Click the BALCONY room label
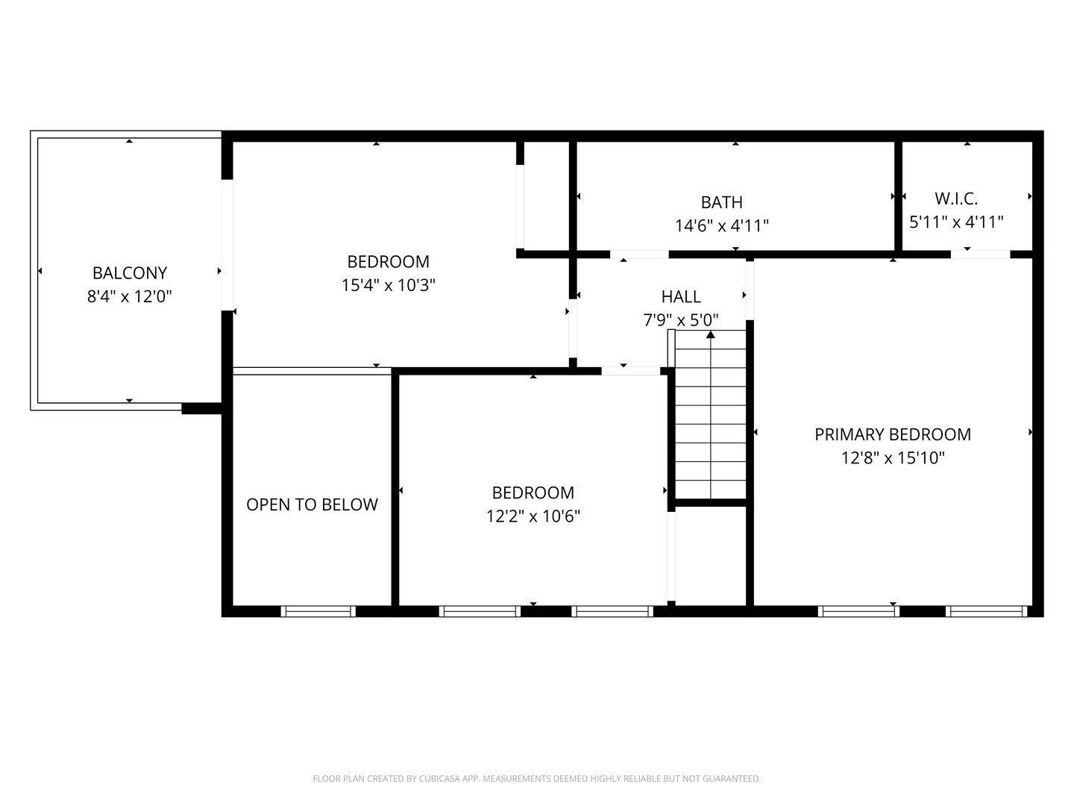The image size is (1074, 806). coord(129,273)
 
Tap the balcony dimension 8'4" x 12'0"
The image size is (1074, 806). coord(129,297)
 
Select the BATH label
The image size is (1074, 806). coord(721,202)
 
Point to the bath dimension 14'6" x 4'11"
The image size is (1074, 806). coord(721,225)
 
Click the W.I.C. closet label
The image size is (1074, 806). coord(956,199)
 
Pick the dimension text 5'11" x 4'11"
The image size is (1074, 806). coord(956,222)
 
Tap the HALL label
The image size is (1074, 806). coord(680,297)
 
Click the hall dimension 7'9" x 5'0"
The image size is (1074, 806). coord(680,320)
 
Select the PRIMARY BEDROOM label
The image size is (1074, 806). coord(893,434)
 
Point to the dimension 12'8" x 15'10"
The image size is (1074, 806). coord(893,458)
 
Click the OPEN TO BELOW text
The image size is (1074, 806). coord(312,504)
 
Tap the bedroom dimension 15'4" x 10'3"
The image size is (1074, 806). coord(388,285)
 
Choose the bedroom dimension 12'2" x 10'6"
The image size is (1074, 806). coord(533,516)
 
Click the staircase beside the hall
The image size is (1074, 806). coord(710,425)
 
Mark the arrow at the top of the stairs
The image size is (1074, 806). coord(711,335)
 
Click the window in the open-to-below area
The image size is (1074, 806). coord(318,611)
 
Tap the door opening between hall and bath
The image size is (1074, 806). coord(639,254)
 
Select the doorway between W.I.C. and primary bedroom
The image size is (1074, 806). coord(980,254)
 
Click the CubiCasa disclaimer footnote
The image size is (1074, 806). coord(536,778)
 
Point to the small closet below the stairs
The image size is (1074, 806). coord(711,556)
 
